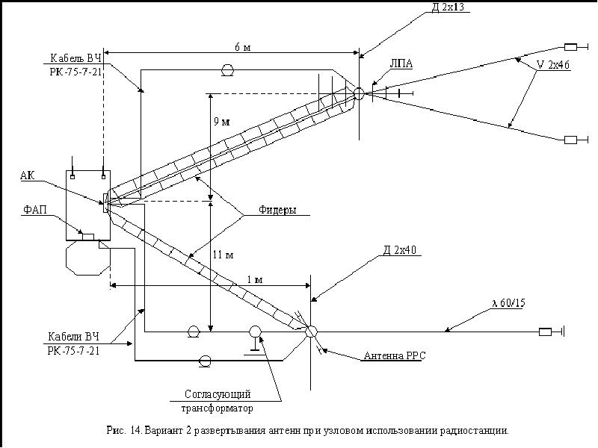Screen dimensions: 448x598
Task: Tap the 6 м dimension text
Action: tap(242, 47)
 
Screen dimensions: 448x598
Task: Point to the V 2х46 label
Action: tap(554, 65)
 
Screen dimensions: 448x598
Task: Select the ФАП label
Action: tap(33, 210)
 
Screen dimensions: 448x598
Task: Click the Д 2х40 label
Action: tap(400, 251)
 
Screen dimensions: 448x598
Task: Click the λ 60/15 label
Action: tap(508, 304)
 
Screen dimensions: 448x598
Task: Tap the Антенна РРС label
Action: tap(395, 357)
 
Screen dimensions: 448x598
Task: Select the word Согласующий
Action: tap(217, 393)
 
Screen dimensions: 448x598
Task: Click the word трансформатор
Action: tap(217, 408)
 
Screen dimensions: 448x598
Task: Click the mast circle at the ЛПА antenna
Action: tap(359, 93)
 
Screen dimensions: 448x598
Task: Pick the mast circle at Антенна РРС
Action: tap(311, 331)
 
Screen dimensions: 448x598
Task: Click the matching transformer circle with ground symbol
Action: tap(256, 331)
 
